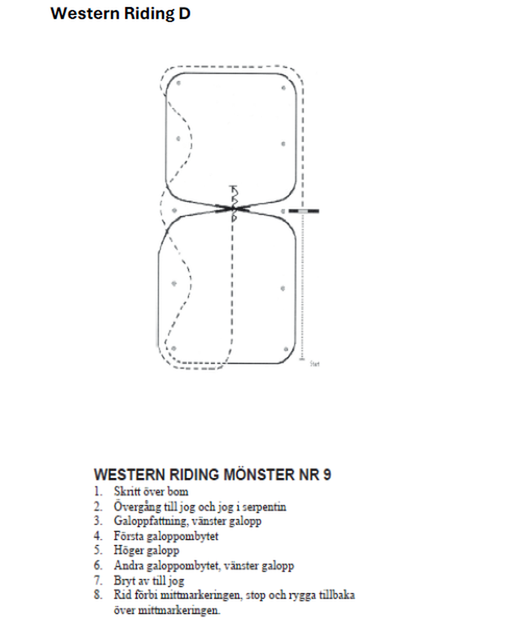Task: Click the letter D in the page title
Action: [x=185, y=14]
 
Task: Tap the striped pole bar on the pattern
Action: [x=304, y=211]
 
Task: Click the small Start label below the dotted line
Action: [x=315, y=364]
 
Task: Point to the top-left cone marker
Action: [x=177, y=83]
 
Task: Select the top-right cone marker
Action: [x=283, y=86]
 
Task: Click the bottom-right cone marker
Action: [x=285, y=350]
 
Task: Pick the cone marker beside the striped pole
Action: [x=283, y=211]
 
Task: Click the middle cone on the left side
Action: [x=174, y=211]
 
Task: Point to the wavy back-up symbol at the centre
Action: [x=233, y=201]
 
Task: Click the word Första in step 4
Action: [x=126, y=536]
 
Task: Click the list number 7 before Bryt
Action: [x=97, y=580]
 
